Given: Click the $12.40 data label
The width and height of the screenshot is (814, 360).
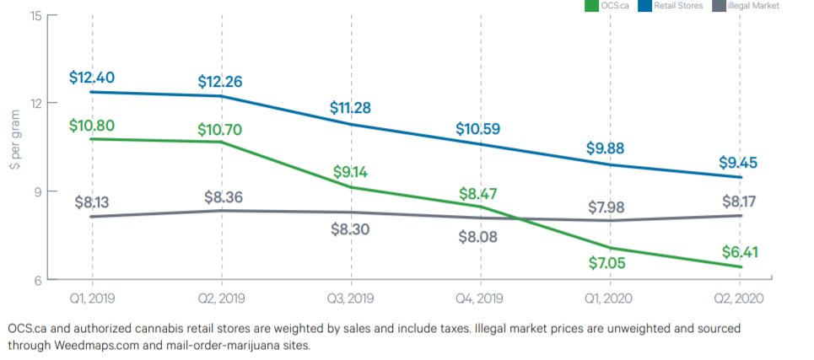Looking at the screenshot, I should pos(92,78).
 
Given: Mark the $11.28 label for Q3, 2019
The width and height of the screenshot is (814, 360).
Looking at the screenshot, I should pos(351,108).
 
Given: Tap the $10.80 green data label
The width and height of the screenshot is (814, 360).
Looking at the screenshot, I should pos(92,126).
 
